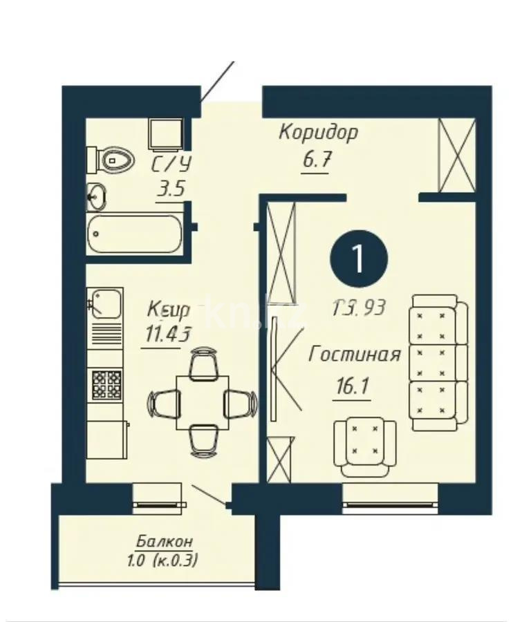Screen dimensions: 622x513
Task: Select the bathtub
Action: click(x=135, y=234)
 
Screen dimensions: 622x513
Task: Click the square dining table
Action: click(x=202, y=402)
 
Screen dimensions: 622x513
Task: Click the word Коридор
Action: click(x=318, y=132)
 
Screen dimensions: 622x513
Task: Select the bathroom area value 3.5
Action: click(x=170, y=189)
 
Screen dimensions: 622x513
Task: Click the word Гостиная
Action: click(x=355, y=355)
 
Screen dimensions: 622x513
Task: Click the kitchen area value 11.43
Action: click(x=166, y=336)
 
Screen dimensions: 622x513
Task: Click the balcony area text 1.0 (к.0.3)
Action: click(x=163, y=560)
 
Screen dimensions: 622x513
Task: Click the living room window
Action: click(x=391, y=498)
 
